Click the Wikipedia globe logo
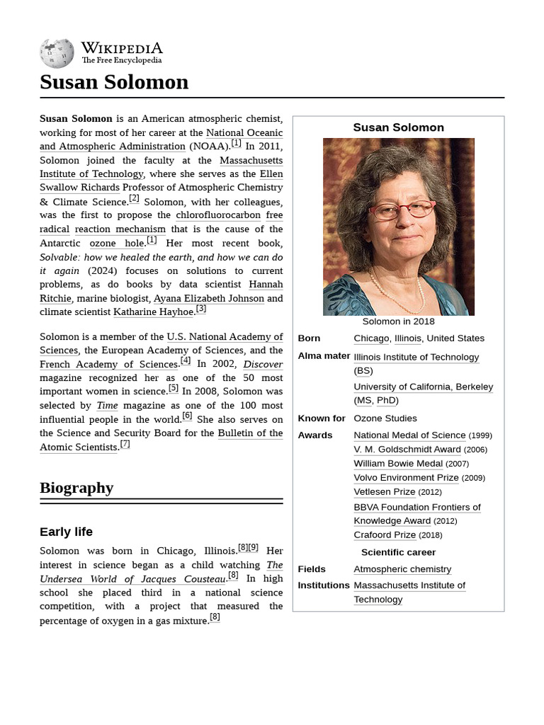click(57, 53)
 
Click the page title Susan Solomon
click(114, 82)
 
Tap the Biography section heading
click(76, 488)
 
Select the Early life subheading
click(66, 532)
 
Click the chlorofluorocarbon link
click(218, 215)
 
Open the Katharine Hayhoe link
click(153, 312)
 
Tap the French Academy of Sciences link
click(108, 365)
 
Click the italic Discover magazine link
click(263, 365)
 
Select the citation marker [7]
click(125, 445)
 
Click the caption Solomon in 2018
click(398, 321)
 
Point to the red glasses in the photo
click(402, 210)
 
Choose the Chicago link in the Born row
click(371, 338)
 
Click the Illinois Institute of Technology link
click(416, 358)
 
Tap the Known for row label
click(322, 418)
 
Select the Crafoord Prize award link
click(385, 535)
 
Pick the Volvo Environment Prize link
click(406, 478)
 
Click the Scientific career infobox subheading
click(398, 552)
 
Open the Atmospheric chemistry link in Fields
click(402, 569)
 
